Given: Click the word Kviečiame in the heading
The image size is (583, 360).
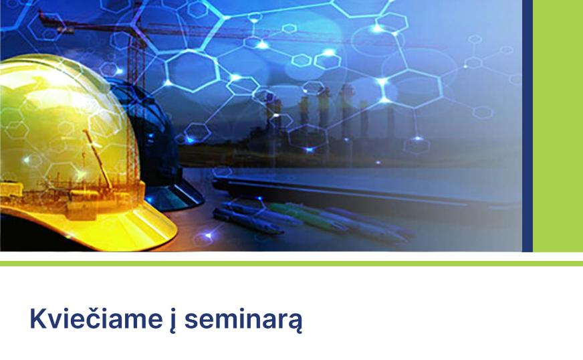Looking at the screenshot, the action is [96, 319].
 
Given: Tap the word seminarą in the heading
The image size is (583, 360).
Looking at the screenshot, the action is [243, 320].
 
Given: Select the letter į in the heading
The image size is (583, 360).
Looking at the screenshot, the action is [173, 321].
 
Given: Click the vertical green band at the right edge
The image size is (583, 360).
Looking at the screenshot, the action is [558, 126].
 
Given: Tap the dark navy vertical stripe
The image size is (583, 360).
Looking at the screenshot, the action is [528, 126].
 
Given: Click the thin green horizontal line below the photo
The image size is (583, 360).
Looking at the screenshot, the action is [291, 264].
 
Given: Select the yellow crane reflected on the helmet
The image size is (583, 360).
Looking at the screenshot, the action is [98, 158].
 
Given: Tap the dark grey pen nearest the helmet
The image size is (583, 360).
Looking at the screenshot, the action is [247, 221].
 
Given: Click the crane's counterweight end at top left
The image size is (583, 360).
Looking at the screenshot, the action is [54, 21].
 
